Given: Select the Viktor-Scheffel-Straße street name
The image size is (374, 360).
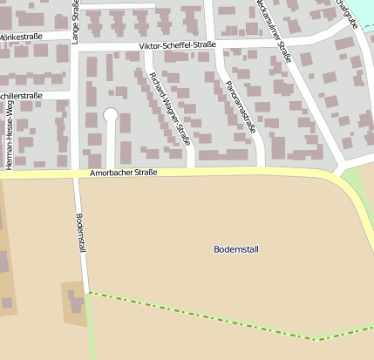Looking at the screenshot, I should pyautogui.click(x=177, y=45).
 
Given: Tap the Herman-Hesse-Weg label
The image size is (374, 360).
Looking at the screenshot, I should pyautogui.click(x=10, y=134).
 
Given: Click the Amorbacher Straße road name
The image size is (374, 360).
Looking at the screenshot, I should pyautogui.click(x=123, y=173).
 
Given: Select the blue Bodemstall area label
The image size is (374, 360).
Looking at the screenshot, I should pyautogui.click(x=236, y=249).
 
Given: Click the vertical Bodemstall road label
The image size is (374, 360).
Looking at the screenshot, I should pyautogui.click(x=81, y=234).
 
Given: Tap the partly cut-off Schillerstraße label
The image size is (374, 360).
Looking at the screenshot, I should pyautogui.click(x=21, y=95).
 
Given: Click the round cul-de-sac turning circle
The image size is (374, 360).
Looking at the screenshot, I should pyautogui.click(x=111, y=114).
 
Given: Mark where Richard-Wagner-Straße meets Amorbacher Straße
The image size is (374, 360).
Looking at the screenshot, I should pyautogui.click(x=192, y=170).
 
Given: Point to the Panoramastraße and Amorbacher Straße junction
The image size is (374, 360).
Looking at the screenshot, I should pyautogui.click(x=264, y=169).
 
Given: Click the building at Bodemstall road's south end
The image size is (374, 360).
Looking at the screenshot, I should pyautogui.click(x=75, y=302).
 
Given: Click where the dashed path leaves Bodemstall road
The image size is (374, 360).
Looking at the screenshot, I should pyautogui.click(x=87, y=292).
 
